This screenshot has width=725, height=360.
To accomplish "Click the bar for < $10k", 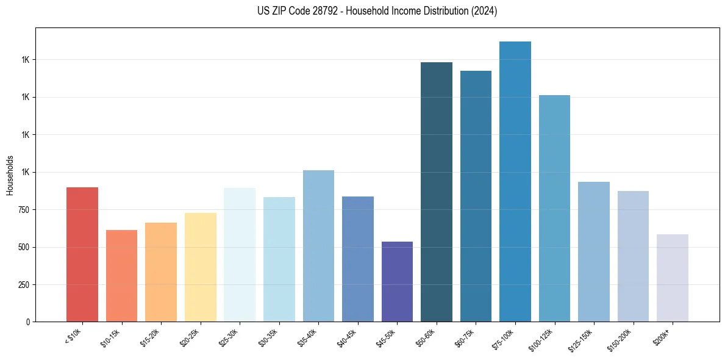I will click(x=82, y=254).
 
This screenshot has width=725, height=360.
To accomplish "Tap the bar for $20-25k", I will click(x=200, y=267).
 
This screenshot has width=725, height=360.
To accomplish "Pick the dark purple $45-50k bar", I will click(x=397, y=282).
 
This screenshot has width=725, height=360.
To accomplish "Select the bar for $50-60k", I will click(x=437, y=192).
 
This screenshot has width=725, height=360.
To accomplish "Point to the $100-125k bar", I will click(x=554, y=209).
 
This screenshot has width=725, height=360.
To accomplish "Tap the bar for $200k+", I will click(x=673, y=278).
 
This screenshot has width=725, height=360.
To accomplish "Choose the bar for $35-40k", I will click(x=318, y=246).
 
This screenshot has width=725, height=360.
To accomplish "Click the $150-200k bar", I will click(x=633, y=256).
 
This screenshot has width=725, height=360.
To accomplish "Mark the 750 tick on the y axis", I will click(x=24, y=210).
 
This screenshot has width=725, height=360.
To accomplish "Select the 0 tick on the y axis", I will click(x=28, y=322).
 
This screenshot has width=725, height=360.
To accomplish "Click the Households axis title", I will click(x=10, y=175).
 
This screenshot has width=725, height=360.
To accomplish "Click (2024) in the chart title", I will click(x=484, y=11).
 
